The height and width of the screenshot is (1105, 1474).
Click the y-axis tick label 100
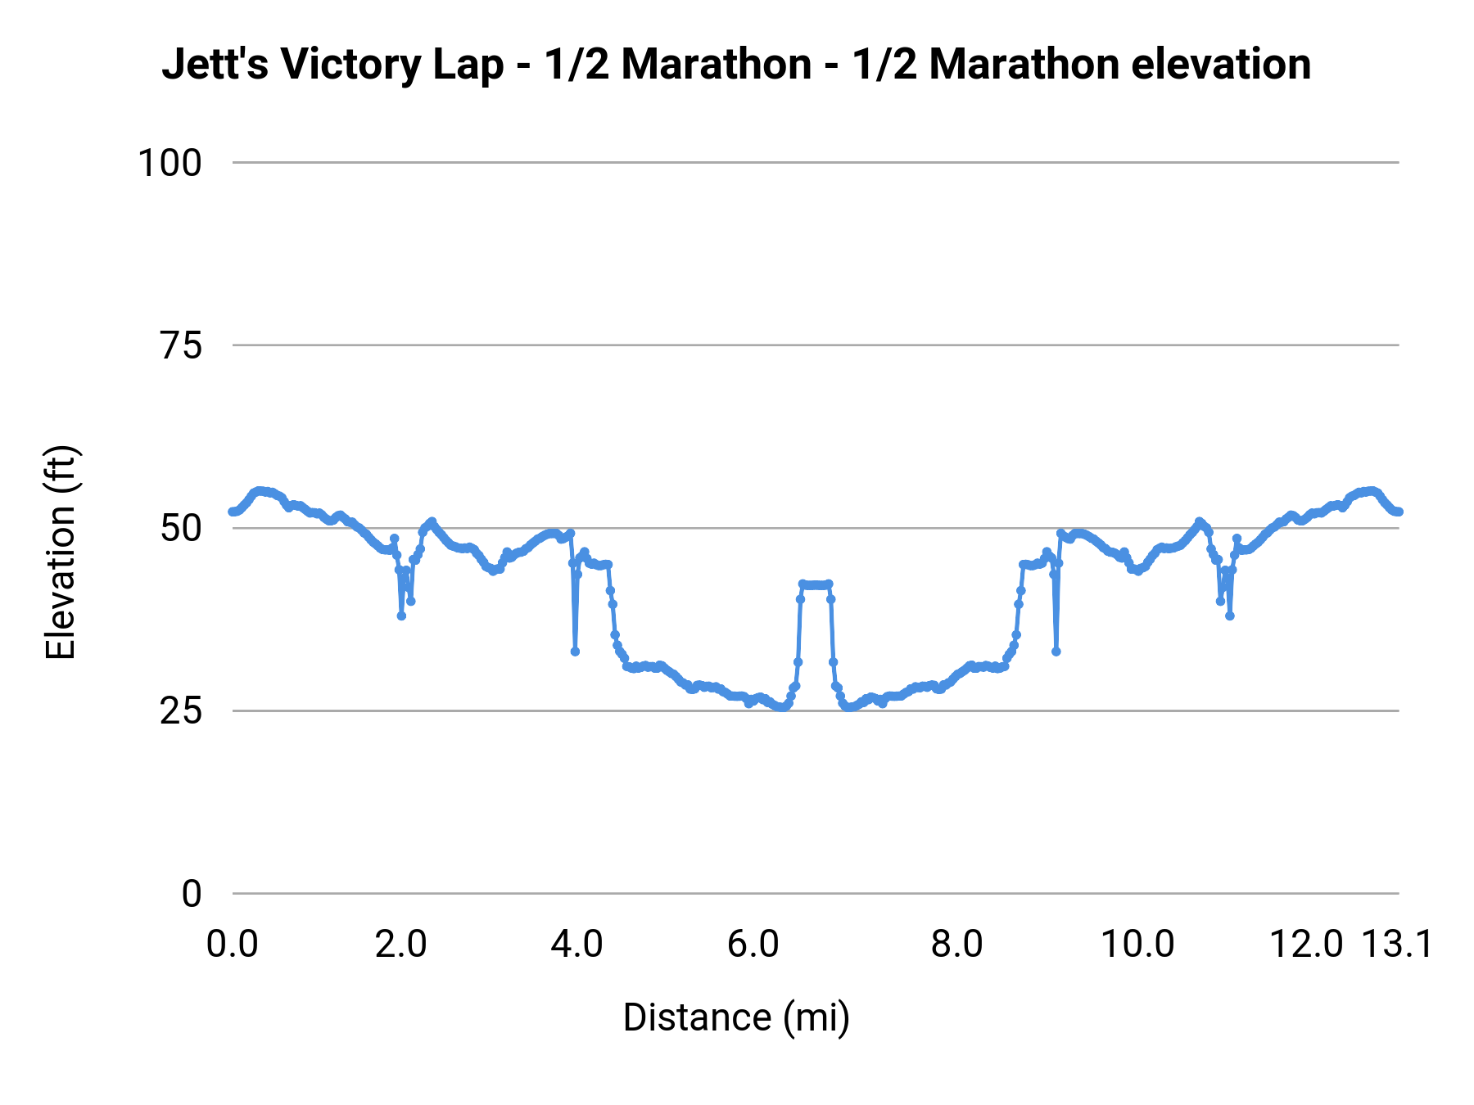[170, 163]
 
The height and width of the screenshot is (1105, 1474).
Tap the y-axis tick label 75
[181, 346]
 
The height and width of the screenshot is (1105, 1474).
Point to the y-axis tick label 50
[181, 529]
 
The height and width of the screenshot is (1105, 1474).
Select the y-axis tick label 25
[181, 711]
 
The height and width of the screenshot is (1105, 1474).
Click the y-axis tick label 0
[191, 894]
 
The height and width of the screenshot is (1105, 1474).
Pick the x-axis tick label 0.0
[232, 945]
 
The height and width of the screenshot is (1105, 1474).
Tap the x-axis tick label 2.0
[401, 945]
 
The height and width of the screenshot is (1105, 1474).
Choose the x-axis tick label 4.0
[576, 945]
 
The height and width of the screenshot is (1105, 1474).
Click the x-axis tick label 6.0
[753, 945]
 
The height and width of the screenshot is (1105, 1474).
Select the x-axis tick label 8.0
[956, 945]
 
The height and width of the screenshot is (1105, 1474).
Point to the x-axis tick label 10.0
[1137, 945]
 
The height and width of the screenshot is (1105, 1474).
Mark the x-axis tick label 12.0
[1306, 945]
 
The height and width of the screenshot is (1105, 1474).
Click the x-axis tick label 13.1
[1397, 945]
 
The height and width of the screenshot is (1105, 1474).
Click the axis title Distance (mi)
[736, 1017]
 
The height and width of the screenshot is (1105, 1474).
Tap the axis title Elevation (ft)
[60, 552]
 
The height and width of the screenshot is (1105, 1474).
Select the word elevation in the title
[1220, 65]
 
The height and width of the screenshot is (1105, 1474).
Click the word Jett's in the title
[215, 65]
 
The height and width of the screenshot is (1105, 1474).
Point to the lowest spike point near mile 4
[575, 652]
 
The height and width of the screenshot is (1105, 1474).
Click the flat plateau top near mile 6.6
[815, 584]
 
